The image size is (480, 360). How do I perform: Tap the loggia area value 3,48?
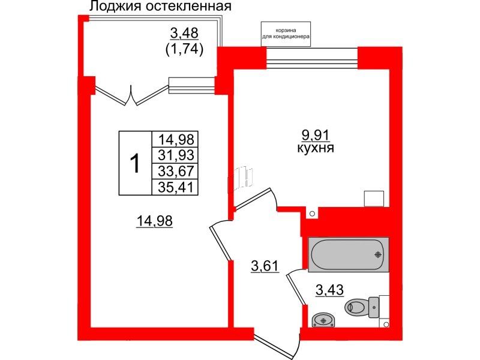(x=184, y=32)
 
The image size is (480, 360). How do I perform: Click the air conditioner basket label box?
(x=285, y=35)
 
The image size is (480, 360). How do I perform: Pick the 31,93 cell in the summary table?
(x=175, y=155)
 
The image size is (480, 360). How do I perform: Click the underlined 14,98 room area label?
(x=154, y=221)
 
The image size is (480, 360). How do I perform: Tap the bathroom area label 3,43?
(x=330, y=292)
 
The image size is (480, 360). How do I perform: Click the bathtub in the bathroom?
(x=348, y=253)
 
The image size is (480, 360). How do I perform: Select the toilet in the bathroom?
(x=362, y=308)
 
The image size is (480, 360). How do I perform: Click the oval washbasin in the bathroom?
(x=324, y=319)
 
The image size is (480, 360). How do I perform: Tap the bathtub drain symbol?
(x=378, y=254)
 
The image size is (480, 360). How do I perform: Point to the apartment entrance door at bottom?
(x=276, y=345)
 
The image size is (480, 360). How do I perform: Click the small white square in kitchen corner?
(x=374, y=199)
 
